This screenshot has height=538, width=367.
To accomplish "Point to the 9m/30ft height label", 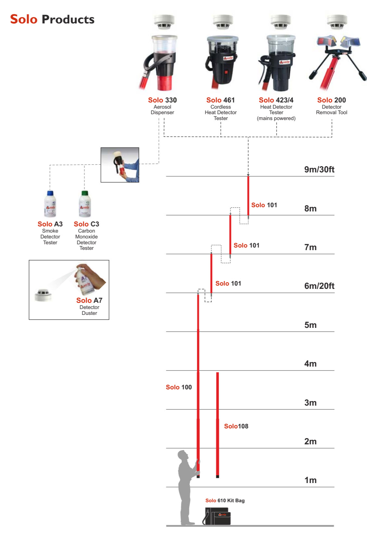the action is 319,169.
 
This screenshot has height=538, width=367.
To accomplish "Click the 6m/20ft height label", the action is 319,286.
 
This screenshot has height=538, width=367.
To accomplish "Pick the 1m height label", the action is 310,480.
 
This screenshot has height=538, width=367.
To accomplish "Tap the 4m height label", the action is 310,364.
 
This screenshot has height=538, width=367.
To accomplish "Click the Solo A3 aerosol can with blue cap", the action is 50,204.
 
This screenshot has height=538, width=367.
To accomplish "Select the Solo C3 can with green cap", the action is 85,204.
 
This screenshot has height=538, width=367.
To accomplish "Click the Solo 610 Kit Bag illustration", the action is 217,516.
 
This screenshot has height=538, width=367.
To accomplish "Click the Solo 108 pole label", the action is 236,426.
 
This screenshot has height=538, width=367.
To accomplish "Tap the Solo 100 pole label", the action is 179,387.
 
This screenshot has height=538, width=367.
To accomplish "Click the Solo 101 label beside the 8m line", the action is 264,205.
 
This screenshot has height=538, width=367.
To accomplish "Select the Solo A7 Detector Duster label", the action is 89,306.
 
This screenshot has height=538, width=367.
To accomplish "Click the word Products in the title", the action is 68,20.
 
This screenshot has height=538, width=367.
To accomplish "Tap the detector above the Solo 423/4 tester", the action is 280,22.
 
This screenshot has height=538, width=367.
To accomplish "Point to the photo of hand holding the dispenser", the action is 120,165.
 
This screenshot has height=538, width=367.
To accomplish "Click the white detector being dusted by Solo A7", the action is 43,295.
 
